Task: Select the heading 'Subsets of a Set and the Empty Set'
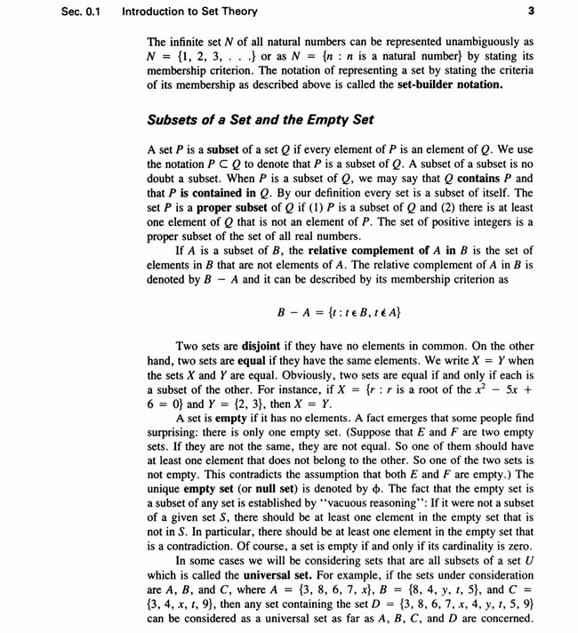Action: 258,119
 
